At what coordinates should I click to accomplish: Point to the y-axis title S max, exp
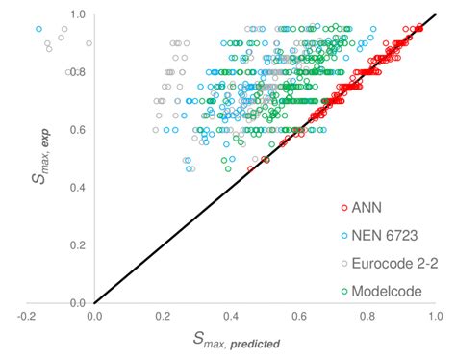click(x=26, y=161)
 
